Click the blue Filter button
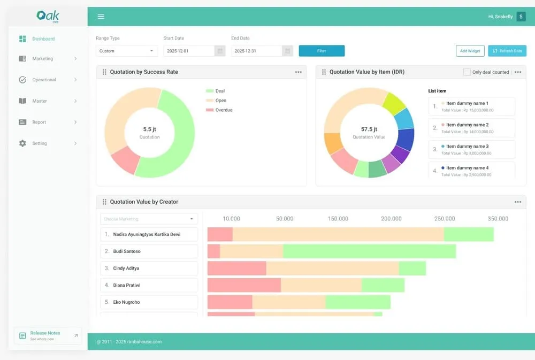pyautogui.click(x=322, y=51)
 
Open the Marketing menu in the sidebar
pyautogui.click(x=48, y=59)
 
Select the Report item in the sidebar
pyautogui.click(x=48, y=122)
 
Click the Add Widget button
pyautogui.click(x=470, y=51)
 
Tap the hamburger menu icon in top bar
pyautogui.click(x=101, y=17)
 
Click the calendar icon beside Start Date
pyautogui.click(x=219, y=51)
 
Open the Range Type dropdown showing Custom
pyautogui.click(x=127, y=51)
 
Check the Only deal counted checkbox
pyautogui.click(x=467, y=72)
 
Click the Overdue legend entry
pyautogui.click(x=223, y=110)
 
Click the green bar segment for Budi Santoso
pyautogui.click(x=369, y=251)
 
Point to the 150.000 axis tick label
pyautogui.click(x=338, y=219)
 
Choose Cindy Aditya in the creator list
pyautogui.click(x=149, y=268)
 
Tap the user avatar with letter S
pyautogui.click(x=521, y=17)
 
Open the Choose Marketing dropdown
pyautogui.click(x=149, y=219)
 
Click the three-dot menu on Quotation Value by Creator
pyautogui.click(x=517, y=202)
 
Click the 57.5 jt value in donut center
pyautogui.click(x=369, y=129)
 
